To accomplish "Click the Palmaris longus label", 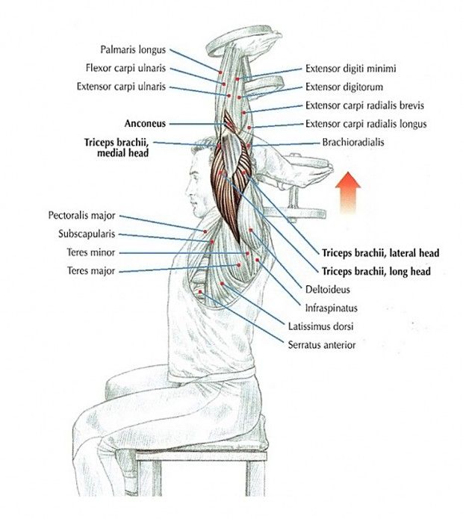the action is pos(133,49).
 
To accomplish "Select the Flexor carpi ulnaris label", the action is pos(125,68).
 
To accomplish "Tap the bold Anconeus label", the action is pos(145,123).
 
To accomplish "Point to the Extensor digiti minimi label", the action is pos(350,69).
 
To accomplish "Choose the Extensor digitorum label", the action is pos(344,87).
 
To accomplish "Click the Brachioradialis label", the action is pos(353,143).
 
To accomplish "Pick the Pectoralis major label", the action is pos(81,216).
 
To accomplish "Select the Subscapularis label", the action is pos(87,234).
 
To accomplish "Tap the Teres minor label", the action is pos(91,252).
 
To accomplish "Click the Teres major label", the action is pos(91,271).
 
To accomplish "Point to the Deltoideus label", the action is pos(327,290).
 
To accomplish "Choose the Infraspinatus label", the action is pos(332,308).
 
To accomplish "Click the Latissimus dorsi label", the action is pos(320,326).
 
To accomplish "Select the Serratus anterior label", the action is pos(322,345).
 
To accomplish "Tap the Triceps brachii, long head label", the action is pos(376,272).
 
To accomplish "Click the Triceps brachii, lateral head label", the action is pos(381,253).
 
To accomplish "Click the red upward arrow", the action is pos(347,192).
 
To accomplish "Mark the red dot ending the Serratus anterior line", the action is pos(200,291).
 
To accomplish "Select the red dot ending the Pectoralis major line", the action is pos(205,231).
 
